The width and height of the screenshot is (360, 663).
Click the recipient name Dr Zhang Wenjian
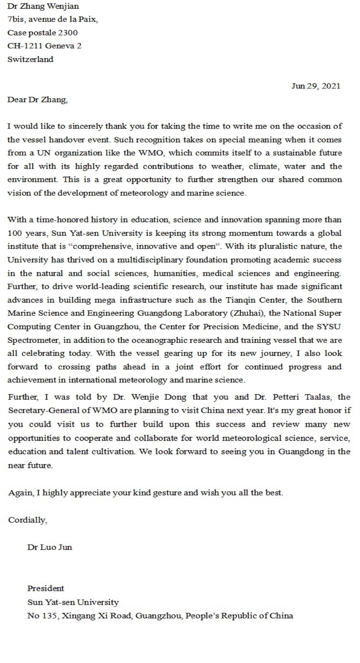43,6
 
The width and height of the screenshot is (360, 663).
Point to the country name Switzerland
30,59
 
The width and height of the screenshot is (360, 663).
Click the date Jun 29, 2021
316,86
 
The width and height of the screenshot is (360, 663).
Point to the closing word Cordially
27,520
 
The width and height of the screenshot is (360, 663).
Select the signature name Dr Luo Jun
50,547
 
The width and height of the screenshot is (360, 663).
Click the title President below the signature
45,588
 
